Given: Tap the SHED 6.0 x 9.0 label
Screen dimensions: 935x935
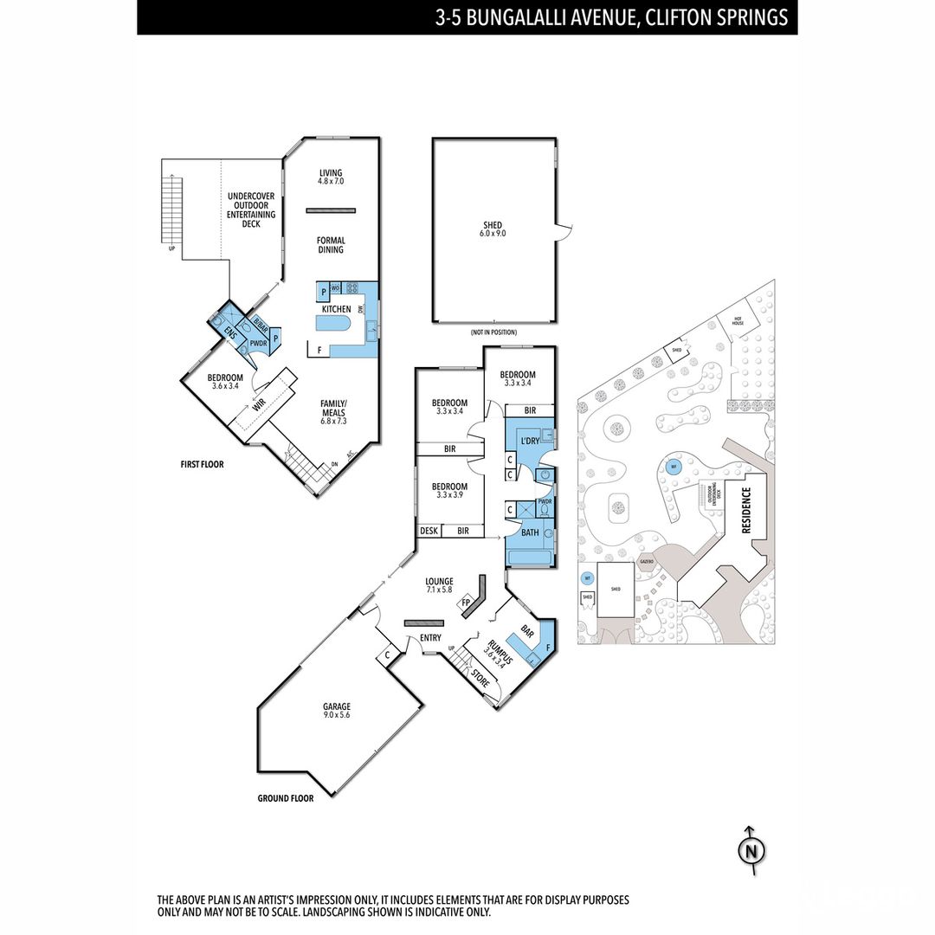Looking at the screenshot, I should [493, 230].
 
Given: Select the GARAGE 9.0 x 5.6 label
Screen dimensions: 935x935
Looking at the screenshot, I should [338, 711].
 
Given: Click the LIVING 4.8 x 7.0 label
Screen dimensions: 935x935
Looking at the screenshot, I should [331, 177].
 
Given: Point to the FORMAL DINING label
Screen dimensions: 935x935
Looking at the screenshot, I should [331, 245].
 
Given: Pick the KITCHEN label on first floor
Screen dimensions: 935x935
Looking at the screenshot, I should [336, 309].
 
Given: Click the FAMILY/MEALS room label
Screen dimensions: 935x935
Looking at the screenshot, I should [333, 409].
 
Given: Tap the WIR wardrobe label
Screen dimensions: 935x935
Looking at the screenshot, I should [258, 404].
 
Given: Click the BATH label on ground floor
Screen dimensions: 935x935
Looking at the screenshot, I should [530, 532].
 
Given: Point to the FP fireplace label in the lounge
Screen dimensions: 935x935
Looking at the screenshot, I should [466, 603].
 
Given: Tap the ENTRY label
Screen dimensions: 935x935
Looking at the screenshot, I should [430, 638].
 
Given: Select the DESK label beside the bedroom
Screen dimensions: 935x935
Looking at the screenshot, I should [429, 531].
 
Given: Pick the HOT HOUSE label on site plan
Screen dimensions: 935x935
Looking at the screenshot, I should [738, 321].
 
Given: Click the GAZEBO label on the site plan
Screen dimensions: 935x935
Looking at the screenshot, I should [646, 562].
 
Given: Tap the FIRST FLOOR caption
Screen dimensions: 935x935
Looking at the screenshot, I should [202, 465].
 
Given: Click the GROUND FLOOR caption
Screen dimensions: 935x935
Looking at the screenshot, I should [286, 798].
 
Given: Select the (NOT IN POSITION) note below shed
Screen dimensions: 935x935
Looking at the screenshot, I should [493, 332].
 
